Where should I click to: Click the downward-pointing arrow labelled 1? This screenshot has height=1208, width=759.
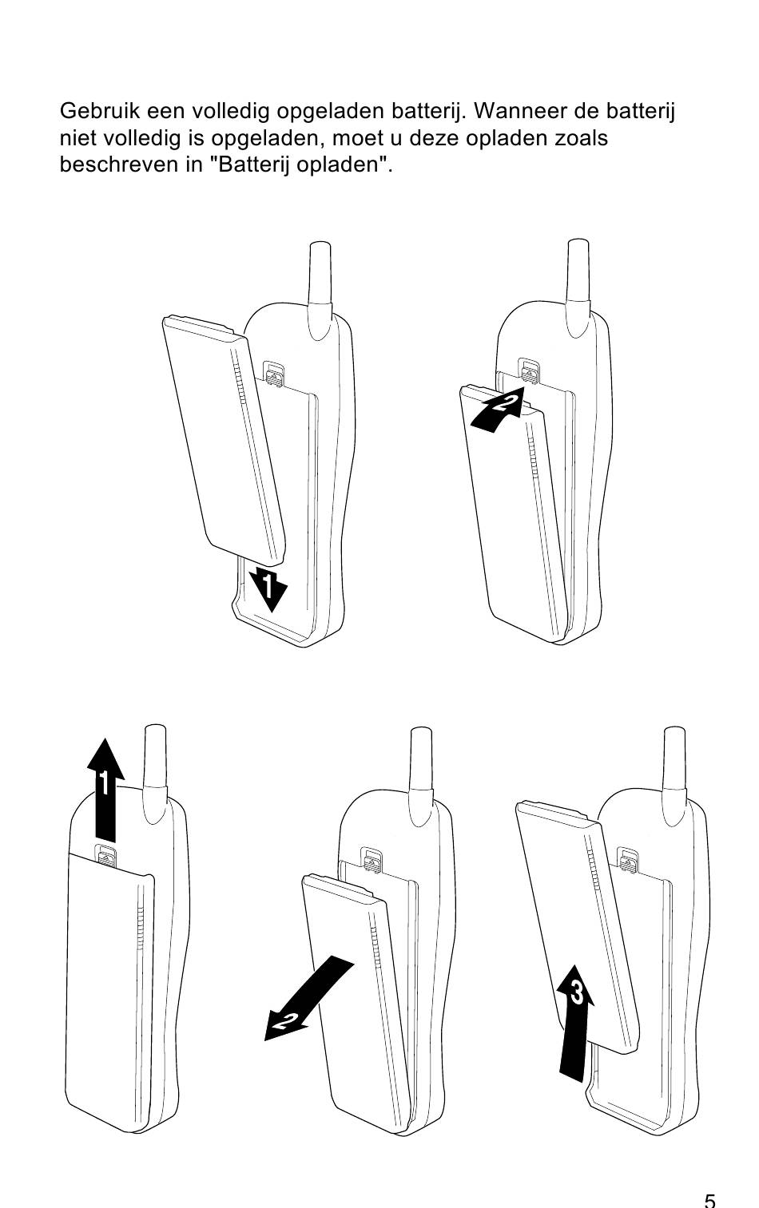pos(268,588)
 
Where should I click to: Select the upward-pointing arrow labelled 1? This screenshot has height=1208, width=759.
pos(105,790)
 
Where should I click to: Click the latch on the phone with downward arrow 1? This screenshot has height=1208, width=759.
pos(275,374)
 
